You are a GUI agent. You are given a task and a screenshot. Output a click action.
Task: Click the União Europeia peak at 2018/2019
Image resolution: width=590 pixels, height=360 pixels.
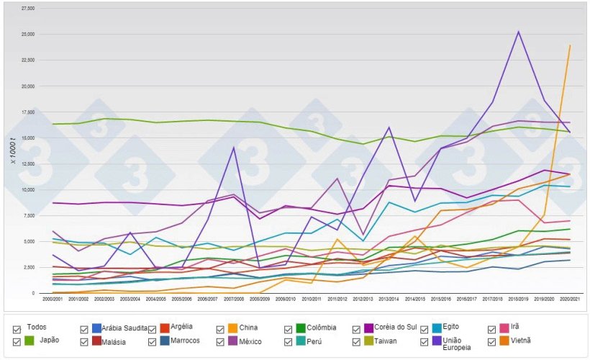(x=518, y=32)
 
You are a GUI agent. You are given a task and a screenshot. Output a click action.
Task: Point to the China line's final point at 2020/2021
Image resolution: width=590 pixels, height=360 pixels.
(x=570, y=46)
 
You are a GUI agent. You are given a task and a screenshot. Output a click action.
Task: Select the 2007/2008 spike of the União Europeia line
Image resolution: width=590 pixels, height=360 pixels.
(x=234, y=148)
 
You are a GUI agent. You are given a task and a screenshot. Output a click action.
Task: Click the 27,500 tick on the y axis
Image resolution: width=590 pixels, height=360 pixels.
(x=28, y=9)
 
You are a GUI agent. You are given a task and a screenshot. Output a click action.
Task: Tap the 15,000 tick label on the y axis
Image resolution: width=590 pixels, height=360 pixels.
(x=28, y=138)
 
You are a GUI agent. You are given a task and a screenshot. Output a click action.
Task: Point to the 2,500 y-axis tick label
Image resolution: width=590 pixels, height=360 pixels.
(x=29, y=267)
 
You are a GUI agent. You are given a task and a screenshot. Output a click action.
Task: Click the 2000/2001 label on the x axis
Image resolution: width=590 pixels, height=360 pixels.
(x=53, y=299)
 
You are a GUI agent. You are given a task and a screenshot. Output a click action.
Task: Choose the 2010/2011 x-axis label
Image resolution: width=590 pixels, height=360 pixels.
(x=312, y=299)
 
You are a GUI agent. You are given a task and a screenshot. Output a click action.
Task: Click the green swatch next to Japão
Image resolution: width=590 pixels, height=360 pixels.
(x=30, y=341)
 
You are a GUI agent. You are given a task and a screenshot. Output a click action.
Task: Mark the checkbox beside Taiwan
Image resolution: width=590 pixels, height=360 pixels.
(x=357, y=341)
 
